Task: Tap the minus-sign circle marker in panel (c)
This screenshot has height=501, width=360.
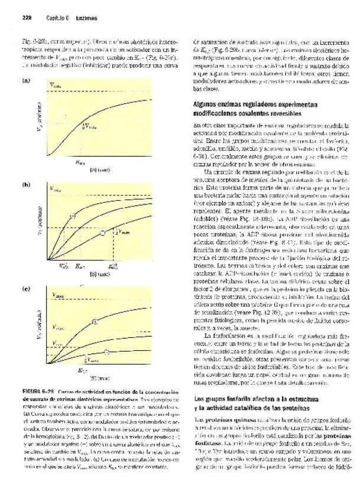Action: point(107,352)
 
